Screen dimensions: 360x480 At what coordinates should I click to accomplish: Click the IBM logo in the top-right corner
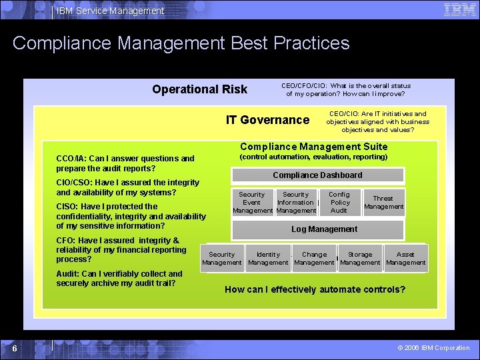pyautogui.click(x=460, y=9)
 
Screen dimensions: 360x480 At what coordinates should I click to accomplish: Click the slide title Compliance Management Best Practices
pyautogui.click(x=181, y=43)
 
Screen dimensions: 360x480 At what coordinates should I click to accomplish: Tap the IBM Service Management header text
pyautogui.click(x=111, y=11)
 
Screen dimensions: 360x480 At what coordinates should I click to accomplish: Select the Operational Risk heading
pyautogui.click(x=199, y=89)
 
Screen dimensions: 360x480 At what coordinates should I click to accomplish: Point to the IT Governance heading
pyautogui.click(x=267, y=120)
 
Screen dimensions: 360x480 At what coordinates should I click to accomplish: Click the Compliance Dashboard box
pyautogui.click(x=317, y=175)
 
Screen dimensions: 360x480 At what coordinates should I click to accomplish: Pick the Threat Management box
pyautogui.click(x=383, y=203)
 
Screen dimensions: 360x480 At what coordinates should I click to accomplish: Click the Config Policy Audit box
pyautogui.click(x=339, y=203)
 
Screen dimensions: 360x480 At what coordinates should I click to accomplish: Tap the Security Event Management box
pyautogui.click(x=252, y=203)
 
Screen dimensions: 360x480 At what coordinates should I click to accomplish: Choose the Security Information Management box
pyautogui.click(x=295, y=203)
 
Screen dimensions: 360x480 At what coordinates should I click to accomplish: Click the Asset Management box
pyautogui.click(x=405, y=259)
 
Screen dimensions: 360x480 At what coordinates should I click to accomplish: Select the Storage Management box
pyautogui.click(x=360, y=259)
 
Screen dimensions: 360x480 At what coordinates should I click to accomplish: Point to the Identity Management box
pyautogui.click(x=268, y=259)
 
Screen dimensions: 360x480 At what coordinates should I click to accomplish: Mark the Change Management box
pyautogui.click(x=314, y=259)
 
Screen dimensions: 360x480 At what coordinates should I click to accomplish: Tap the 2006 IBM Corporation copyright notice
pyautogui.click(x=433, y=348)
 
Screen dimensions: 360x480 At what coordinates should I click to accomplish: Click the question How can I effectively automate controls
pyautogui.click(x=315, y=289)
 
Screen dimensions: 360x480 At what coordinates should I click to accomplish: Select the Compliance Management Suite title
pyautogui.click(x=313, y=147)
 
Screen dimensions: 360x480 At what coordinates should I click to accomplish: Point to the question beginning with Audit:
pyautogui.click(x=119, y=279)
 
